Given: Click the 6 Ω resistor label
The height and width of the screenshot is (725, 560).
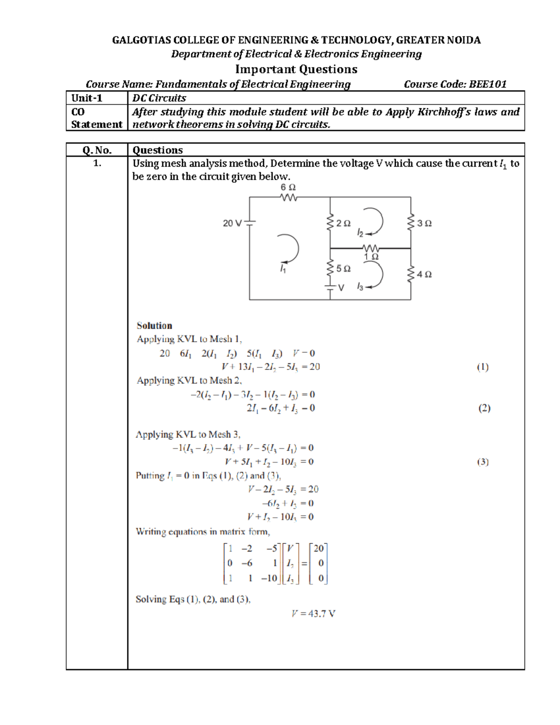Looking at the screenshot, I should coord(288,187).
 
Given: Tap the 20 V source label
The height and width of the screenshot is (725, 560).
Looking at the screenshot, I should coord(232,223).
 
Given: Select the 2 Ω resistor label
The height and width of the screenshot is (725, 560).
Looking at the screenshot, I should coord(343,224).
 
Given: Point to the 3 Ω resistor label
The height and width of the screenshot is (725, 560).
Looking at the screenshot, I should coord(424,224).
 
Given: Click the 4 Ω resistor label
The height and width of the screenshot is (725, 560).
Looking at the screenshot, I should coord(424,275).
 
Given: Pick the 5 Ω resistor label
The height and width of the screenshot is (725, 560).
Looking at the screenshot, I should coord(343,268).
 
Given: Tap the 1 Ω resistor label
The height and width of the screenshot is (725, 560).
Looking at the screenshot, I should coord(371,257).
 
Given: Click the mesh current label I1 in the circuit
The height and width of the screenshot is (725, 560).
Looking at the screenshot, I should coord(283,269).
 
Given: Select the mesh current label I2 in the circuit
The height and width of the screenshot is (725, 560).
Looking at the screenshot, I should coord(360,232).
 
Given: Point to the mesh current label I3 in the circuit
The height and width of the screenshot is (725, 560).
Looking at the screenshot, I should coord(360,287).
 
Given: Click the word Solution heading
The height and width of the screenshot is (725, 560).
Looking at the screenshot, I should coord(154,326).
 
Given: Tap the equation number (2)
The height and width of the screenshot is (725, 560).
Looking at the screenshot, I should coord(484,408).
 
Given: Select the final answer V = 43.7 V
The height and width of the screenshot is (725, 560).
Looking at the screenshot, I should coord(313,613).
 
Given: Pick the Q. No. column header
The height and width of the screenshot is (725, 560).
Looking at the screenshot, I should coord(97,150).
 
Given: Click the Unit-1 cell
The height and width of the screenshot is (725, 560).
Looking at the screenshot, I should coord(87,98).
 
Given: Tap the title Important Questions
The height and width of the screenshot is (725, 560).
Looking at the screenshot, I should coord(296,69).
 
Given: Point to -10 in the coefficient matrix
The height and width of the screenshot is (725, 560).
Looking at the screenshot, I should coord(269,578).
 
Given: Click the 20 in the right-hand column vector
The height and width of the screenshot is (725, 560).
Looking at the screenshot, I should coord(319,549).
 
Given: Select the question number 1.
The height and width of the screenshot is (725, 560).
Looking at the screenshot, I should coord(97,163).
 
